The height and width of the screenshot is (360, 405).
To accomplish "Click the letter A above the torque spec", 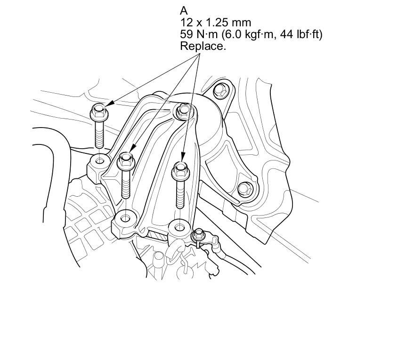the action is click(184, 11).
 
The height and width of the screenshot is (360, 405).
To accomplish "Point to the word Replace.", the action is click(203, 46).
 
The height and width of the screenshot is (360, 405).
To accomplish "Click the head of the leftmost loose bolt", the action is click(99, 112).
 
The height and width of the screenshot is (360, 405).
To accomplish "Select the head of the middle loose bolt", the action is click(126, 160).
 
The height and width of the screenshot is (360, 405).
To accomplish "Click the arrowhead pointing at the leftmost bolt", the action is click(109, 103).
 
